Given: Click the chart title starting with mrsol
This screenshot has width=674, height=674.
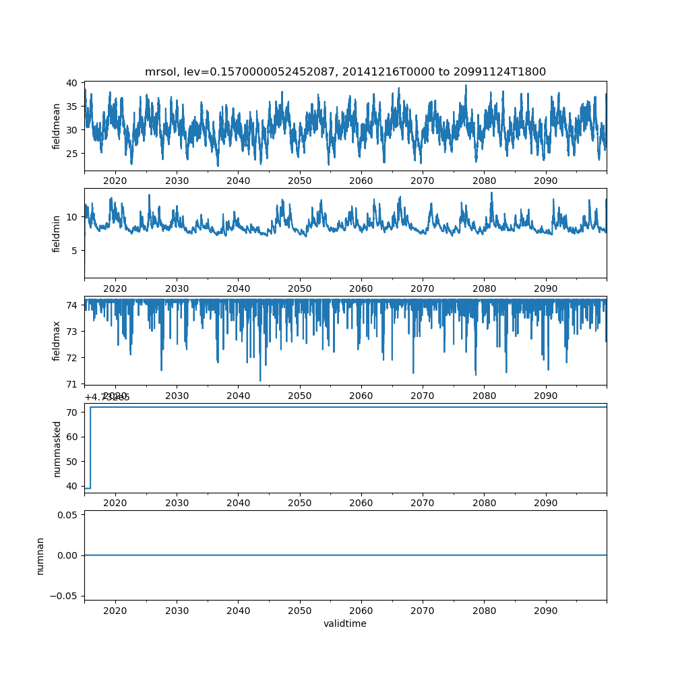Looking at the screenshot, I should [345, 71].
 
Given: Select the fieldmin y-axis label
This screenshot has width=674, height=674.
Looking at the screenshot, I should [57, 233].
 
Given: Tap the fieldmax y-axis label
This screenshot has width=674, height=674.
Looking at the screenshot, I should [57, 340].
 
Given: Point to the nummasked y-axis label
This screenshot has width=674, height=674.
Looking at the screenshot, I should [57, 448].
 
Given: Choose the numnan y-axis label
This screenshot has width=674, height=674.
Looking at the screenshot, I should [40, 555].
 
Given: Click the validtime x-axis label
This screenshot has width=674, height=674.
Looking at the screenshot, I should [345, 624].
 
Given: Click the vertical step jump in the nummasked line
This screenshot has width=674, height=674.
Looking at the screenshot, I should [90, 447].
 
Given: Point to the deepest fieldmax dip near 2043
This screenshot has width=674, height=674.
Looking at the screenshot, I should [260, 380].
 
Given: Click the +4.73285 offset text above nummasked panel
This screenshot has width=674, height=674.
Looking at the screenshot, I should [107, 397].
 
